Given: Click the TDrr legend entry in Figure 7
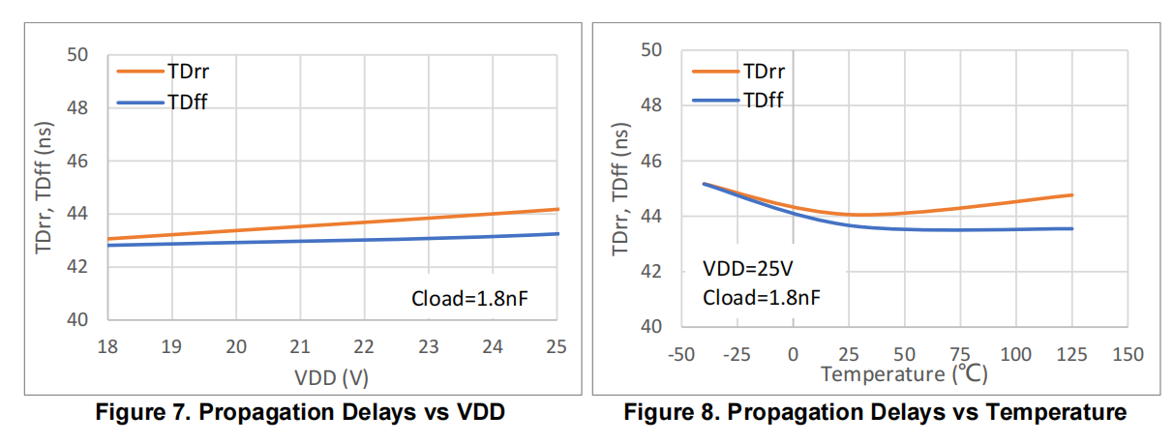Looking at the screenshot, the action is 163,72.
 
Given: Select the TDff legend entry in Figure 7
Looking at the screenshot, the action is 162,103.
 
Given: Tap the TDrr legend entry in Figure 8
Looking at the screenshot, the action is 738,72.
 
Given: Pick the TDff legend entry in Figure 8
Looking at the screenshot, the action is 738,100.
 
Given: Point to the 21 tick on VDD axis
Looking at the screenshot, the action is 300,346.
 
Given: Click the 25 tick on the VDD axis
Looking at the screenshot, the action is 557,346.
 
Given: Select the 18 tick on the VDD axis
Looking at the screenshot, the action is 107,346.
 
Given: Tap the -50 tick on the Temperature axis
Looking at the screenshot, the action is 680,355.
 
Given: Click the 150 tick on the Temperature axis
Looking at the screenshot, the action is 1128,355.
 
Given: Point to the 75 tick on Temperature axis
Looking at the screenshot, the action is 960,355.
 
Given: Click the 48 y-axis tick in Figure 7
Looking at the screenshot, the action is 77,108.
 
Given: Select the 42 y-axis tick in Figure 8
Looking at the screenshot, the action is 651,271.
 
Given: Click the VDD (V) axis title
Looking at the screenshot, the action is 331,377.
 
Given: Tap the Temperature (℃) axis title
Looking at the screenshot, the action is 904,374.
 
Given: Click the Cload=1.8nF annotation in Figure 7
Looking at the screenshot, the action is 469,299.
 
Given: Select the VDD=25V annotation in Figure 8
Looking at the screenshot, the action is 748,269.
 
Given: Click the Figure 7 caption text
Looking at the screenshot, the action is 300,412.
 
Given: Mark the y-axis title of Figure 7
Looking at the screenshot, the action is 44,188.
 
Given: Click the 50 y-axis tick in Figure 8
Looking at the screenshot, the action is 651,50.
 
